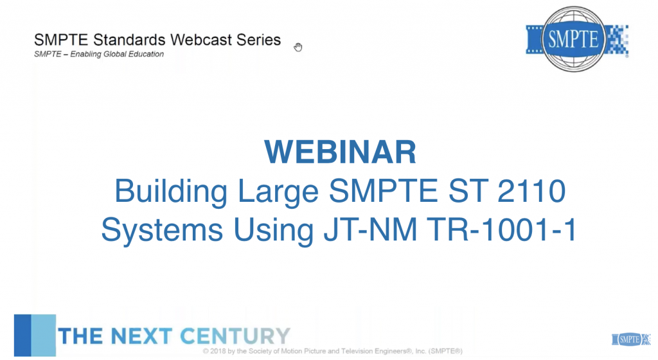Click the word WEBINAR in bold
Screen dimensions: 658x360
(340, 152)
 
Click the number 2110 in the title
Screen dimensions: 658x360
(531, 191)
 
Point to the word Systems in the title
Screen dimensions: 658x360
(162, 230)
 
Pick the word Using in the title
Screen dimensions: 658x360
(273, 230)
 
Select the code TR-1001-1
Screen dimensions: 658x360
(501, 230)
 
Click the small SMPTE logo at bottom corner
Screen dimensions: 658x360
(631, 339)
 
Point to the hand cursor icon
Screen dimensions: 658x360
(298, 47)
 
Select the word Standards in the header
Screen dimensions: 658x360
(129, 40)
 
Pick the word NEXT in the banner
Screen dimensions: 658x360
(141, 336)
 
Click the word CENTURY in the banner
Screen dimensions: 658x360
(235, 336)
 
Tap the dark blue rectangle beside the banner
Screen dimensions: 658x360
(22, 335)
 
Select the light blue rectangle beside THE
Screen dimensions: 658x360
(44, 335)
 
